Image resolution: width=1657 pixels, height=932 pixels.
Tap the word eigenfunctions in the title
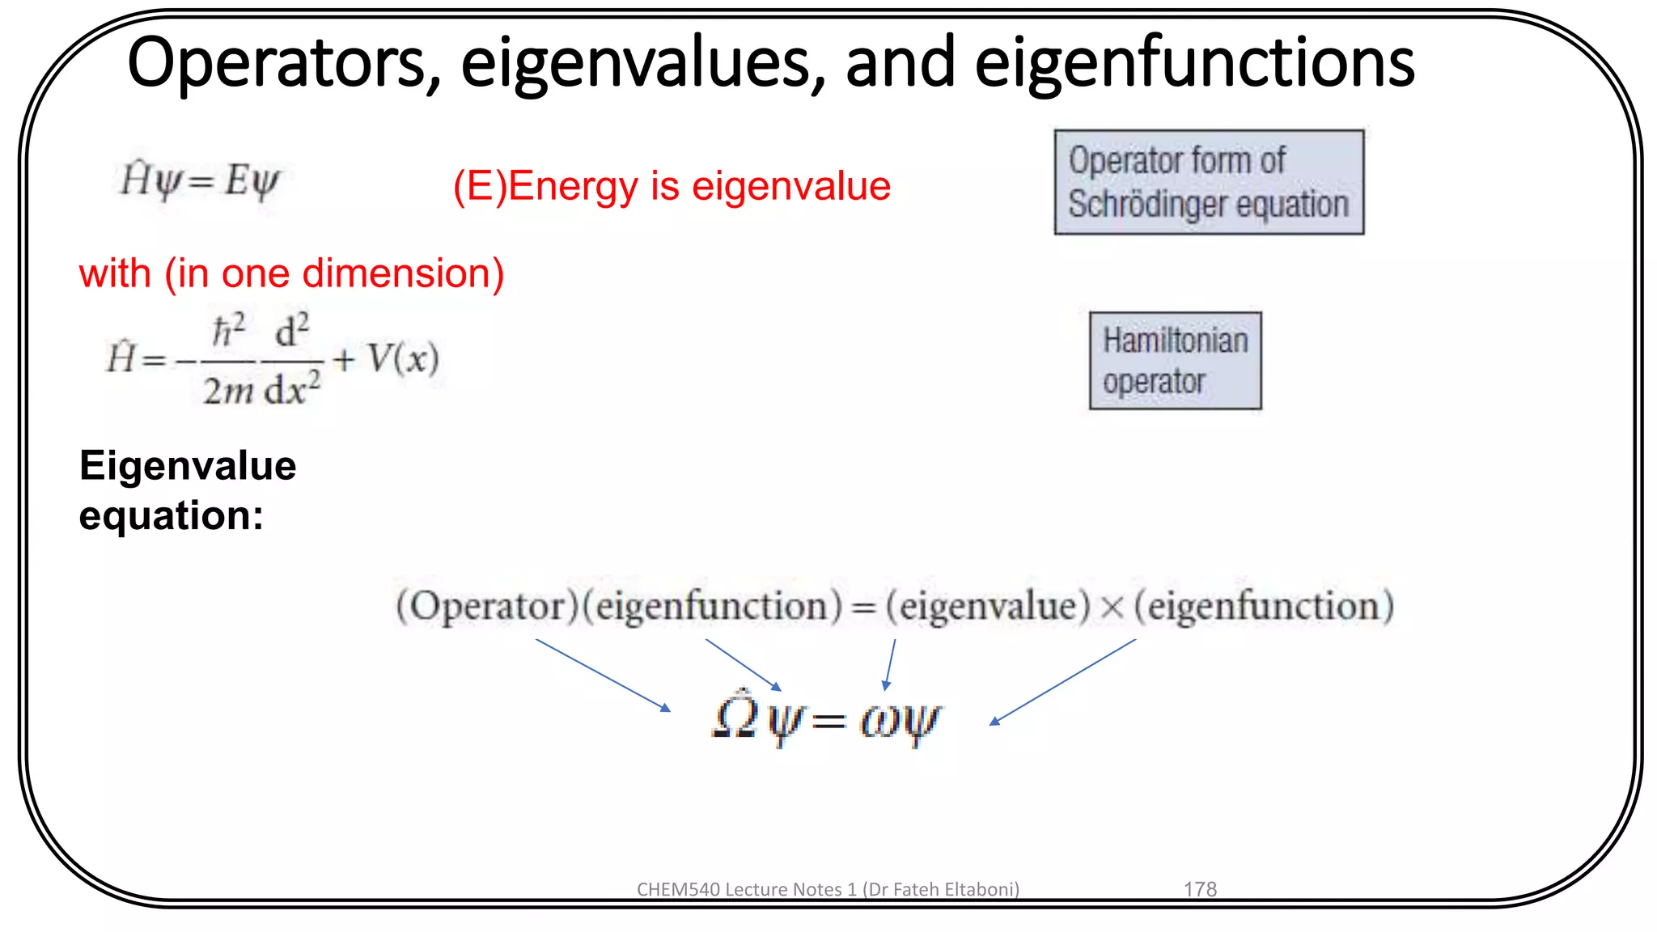[1194, 63]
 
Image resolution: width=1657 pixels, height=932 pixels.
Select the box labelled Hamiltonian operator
[1175, 361]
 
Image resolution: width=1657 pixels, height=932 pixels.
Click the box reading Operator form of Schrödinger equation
[1209, 182]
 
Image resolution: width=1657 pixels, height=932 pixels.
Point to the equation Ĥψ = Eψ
[199, 180]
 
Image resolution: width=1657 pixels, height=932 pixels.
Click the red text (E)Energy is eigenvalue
[672, 186]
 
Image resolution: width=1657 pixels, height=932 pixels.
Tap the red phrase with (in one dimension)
[291, 273]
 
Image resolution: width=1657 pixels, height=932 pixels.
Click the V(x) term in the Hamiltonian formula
[403, 358]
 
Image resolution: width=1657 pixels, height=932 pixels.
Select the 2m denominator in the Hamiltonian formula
[227, 392]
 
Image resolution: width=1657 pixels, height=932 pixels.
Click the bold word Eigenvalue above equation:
[188, 466]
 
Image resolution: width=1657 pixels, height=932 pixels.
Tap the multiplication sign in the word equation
[1112, 607]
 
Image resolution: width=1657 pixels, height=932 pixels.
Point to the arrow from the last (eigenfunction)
[1062, 682]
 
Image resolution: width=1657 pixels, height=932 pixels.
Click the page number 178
[1200, 889]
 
